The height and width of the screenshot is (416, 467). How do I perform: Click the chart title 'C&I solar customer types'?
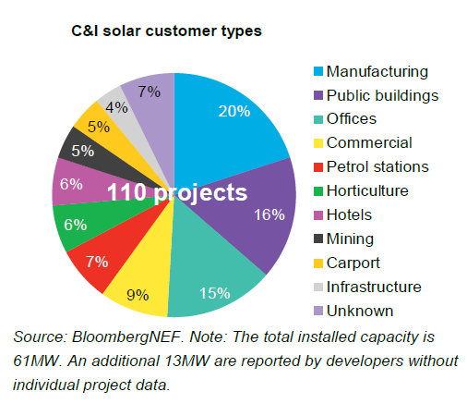click(166, 31)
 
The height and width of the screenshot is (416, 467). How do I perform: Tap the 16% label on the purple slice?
click(269, 214)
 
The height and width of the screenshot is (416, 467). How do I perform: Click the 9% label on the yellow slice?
click(138, 295)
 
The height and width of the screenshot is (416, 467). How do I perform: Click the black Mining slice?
click(92, 154)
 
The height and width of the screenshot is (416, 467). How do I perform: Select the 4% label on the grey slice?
click(116, 107)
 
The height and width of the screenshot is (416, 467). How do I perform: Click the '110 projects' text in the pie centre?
click(177, 193)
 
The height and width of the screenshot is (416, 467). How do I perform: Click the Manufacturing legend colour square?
click(318, 71)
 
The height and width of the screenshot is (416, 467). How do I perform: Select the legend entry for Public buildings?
click(376, 95)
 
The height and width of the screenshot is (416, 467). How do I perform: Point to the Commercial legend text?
click(369, 142)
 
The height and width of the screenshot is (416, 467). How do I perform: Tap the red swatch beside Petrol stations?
click(318, 167)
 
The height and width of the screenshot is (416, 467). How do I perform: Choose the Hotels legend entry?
click(342, 214)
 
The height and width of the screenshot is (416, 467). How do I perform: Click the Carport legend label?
click(353, 263)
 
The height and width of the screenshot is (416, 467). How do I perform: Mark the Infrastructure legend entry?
click(367, 287)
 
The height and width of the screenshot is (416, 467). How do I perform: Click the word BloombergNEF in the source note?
click(126, 336)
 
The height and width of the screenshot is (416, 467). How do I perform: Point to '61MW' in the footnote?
click(36, 361)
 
